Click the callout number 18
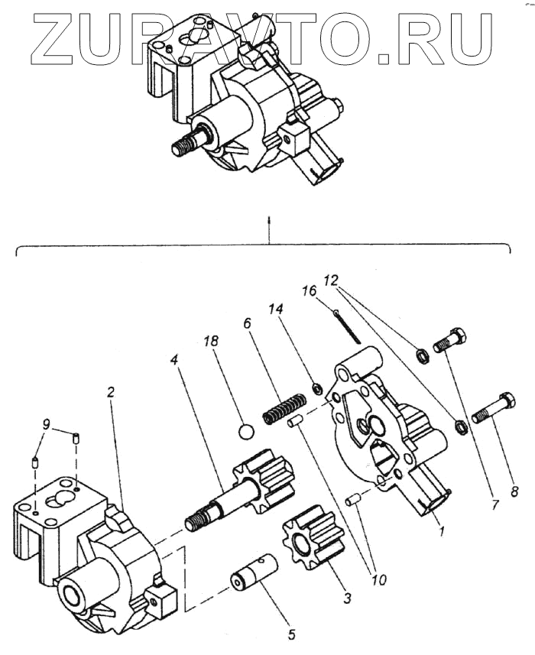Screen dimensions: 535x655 point(211,342)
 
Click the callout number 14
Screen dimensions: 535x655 point(275,309)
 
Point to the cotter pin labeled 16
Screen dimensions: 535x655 point(348,326)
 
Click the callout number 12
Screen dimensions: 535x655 point(330,280)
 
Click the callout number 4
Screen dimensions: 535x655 point(174,358)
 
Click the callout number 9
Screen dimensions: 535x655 point(46,425)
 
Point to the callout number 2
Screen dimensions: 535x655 point(111,392)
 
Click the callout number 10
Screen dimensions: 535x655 point(380,579)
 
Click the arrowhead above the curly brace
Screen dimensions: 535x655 point(269,219)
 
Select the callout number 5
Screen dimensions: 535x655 point(291,634)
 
